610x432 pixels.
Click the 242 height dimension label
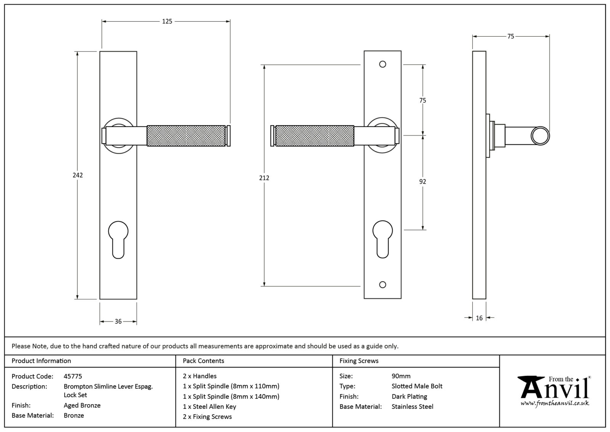click(x=77, y=175)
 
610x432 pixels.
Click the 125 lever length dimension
click(x=167, y=21)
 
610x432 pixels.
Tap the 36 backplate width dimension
click(x=118, y=322)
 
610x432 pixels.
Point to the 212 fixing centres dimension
click(x=264, y=178)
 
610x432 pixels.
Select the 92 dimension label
click(x=422, y=182)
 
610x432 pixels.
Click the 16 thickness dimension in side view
click(x=479, y=318)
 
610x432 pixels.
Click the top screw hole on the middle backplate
click(x=382, y=64)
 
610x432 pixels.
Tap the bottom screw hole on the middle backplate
click(x=382, y=285)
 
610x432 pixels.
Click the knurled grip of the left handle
click(x=186, y=135)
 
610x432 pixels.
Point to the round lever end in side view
click(x=540, y=136)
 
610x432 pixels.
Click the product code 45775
click(x=73, y=376)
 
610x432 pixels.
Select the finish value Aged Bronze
click(x=82, y=405)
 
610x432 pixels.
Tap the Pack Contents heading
click(x=203, y=361)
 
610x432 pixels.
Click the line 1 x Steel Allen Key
click(x=209, y=407)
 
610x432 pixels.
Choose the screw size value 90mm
click(x=401, y=376)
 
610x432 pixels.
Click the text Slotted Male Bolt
click(x=417, y=386)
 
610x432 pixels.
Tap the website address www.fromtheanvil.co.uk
click(x=554, y=403)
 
